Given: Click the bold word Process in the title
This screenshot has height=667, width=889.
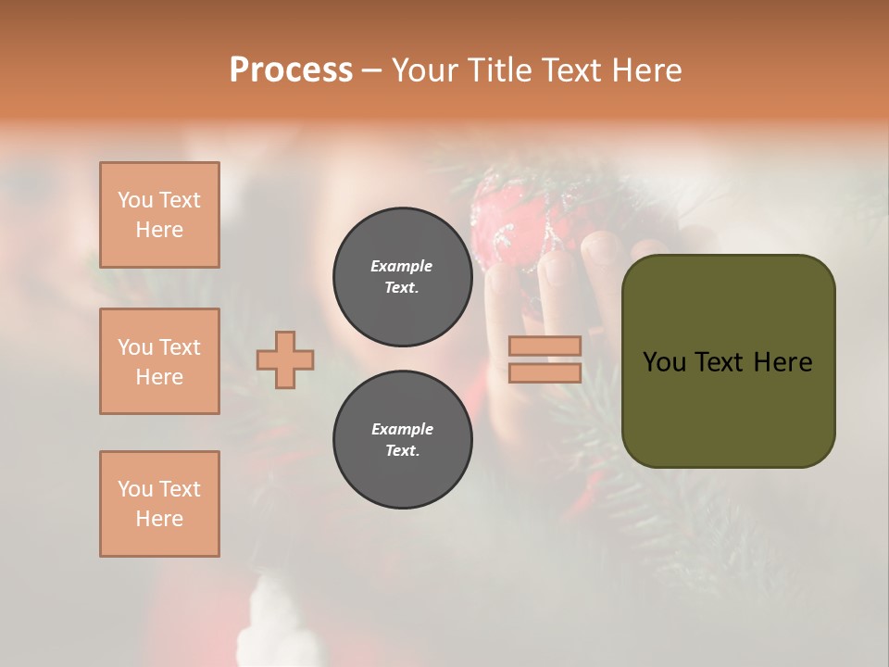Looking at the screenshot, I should coord(291,70).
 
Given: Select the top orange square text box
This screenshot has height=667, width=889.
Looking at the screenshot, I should coord(159,215).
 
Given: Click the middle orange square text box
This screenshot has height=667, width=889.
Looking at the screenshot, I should coord(159,361).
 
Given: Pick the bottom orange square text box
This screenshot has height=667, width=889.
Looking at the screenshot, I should coord(159,504).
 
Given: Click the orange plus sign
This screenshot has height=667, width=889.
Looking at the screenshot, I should coord(285,359).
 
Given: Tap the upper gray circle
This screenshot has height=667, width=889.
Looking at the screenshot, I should coord(402,277).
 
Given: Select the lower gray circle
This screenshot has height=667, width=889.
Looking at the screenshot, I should coord(402,440).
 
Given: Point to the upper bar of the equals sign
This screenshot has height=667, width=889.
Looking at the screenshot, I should coord(545,346).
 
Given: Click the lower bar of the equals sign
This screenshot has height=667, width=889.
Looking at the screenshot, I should coord(545,373).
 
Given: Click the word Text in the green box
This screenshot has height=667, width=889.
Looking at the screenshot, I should coord(724,362).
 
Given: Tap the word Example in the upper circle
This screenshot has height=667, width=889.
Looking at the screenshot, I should coord(402,266).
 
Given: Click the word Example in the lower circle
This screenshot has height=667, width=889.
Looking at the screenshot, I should coord(402,429).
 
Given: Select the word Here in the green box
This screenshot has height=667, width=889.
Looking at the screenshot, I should coord(783,362).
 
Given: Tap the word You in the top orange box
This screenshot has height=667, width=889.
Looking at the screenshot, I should coord(134,200).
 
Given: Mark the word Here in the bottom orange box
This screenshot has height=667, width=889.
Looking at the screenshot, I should coord(159,519).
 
